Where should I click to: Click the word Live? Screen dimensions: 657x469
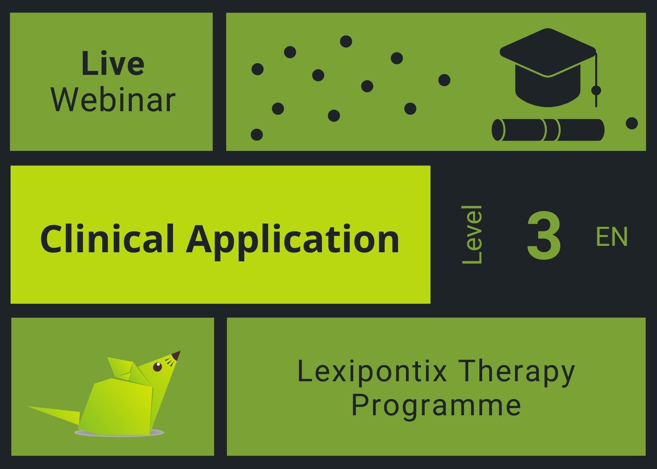[x=113, y=64]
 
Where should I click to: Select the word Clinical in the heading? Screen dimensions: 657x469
[x=107, y=239]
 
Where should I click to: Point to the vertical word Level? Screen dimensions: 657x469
[x=472, y=234]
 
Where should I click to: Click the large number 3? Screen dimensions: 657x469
[x=544, y=235]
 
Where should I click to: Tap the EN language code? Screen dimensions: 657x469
[x=612, y=237]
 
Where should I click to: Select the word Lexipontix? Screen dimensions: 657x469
[x=372, y=372]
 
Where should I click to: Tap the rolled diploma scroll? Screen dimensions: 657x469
[x=548, y=130]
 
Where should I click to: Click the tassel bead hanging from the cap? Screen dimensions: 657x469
[x=596, y=90]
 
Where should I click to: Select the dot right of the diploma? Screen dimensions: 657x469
[x=632, y=123]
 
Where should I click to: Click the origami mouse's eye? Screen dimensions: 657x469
[x=157, y=367]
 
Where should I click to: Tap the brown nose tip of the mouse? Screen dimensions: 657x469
[x=176, y=356]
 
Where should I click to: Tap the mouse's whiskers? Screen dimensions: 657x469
[x=170, y=362]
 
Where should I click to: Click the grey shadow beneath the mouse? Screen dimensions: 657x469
[x=119, y=432]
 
